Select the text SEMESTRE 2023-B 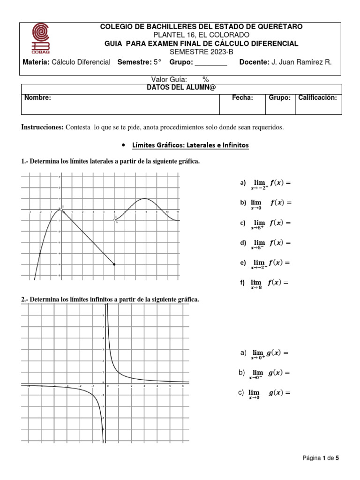(x=201, y=52)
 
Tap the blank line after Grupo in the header (x=210, y=62)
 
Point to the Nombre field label (x=38, y=97)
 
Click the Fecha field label (x=243, y=97)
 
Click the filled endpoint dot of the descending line (x=115, y=264)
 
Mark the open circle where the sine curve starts (x=115, y=219)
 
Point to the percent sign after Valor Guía (x=205, y=80)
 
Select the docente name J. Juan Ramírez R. (x=302, y=62)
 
